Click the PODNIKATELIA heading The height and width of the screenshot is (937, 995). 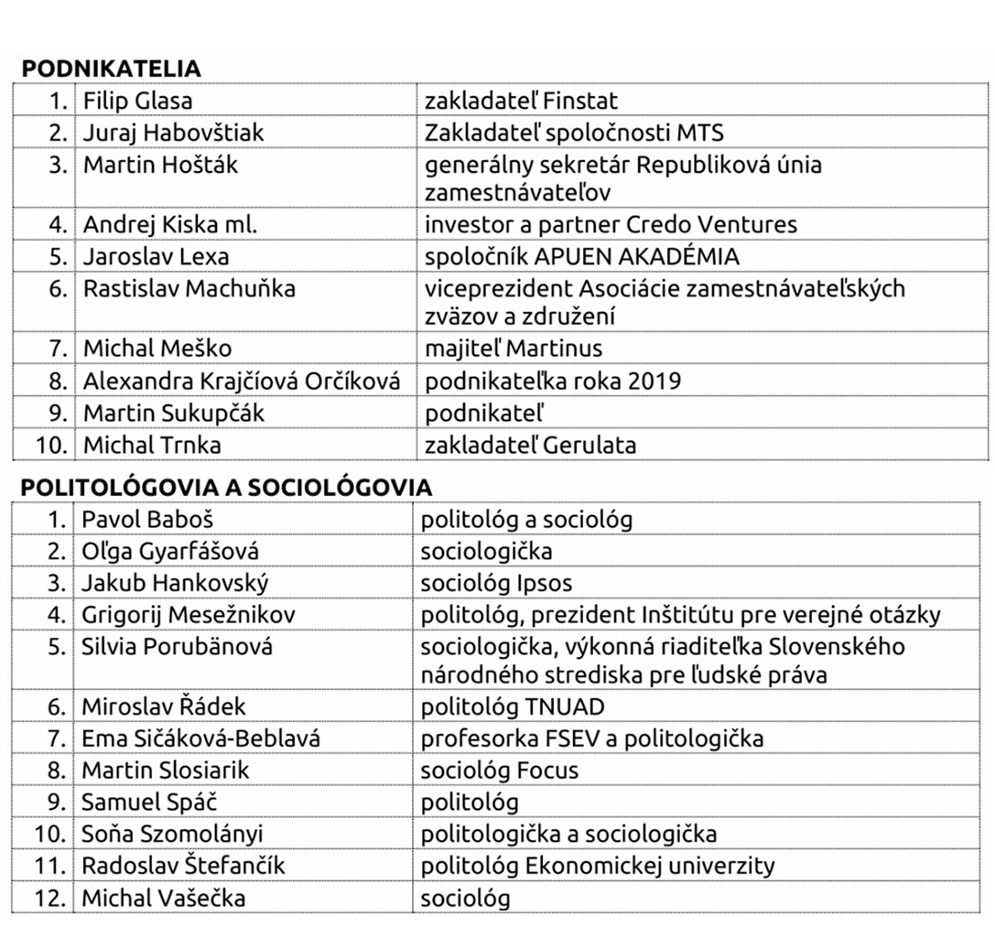111,70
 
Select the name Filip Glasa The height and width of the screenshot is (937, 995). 138,101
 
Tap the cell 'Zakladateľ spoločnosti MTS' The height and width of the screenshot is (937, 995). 574,133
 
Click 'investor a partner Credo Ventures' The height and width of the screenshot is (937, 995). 611,225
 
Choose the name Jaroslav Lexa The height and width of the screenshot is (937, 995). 157,257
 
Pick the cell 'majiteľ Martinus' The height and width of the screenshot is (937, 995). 514,349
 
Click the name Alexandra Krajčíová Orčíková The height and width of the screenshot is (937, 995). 242,381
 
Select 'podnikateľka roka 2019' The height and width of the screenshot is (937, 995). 553,381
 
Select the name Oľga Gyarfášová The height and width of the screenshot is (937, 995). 170,552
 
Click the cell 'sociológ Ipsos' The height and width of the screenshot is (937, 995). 496,584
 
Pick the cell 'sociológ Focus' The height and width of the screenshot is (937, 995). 499,770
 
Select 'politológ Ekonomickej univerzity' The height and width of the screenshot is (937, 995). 598,866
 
